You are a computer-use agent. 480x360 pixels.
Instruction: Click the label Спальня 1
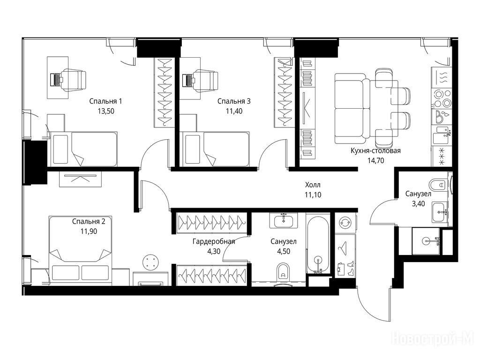click(x=105, y=101)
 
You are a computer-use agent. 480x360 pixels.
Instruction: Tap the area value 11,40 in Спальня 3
click(x=234, y=111)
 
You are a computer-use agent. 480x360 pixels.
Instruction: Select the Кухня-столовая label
click(x=375, y=150)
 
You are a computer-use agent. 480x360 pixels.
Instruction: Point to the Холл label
click(x=313, y=185)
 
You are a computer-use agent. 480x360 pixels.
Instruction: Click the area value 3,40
click(x=419, y=204)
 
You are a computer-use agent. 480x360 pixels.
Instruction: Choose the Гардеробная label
click(x=214, y=241)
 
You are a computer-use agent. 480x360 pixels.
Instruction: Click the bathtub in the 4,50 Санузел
click(x=318, y=245)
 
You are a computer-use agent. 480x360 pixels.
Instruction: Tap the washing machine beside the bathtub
click(x=345, y=223)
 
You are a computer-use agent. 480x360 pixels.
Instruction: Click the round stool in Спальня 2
click(x=151, y=262)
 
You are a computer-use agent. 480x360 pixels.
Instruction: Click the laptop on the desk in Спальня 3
click(x=187, y=80)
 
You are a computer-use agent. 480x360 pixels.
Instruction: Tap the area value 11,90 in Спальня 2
click(x=89, y=232)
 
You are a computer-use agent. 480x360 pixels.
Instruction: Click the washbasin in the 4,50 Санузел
click(x=284, y=220)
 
